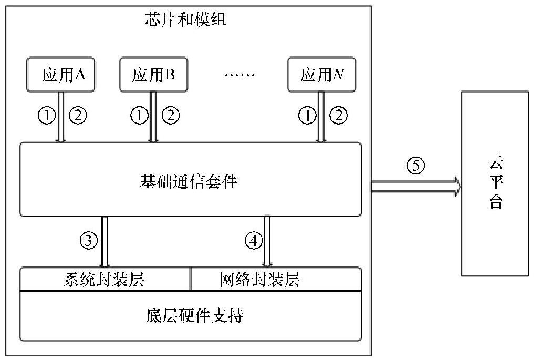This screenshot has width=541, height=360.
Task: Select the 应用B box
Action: click(153, 75)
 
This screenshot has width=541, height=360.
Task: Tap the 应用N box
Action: click(321, 75)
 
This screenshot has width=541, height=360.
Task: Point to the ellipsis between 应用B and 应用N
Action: click(238, 75)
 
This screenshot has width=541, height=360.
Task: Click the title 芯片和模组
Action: click(184, 20)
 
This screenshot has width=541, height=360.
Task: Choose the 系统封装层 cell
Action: click(106, 280)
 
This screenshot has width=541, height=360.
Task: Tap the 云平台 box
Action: click(495, 183)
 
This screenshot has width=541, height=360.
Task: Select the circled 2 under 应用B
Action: click(170, 116)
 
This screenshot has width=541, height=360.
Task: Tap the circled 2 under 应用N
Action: click(337, 116)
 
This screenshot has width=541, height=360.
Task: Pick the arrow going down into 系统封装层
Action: click(104, 242)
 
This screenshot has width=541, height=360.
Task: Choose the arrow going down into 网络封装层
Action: click(267, 242)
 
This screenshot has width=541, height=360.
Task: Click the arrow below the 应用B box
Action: click(153, 117)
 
